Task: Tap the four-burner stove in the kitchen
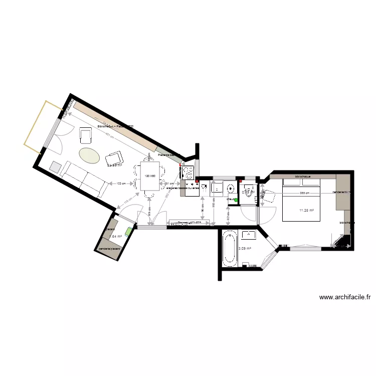point(187,172)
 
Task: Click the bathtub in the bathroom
point(230,249)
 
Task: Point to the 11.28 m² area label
point(306,211)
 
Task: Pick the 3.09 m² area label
point(245,248)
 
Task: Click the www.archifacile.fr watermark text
point(344,297)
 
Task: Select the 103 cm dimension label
point(120,183)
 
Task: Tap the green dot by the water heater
point(236,200)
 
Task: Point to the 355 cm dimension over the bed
point(305,193)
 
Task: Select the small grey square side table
point(54,166)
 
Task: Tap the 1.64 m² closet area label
point(116,236)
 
